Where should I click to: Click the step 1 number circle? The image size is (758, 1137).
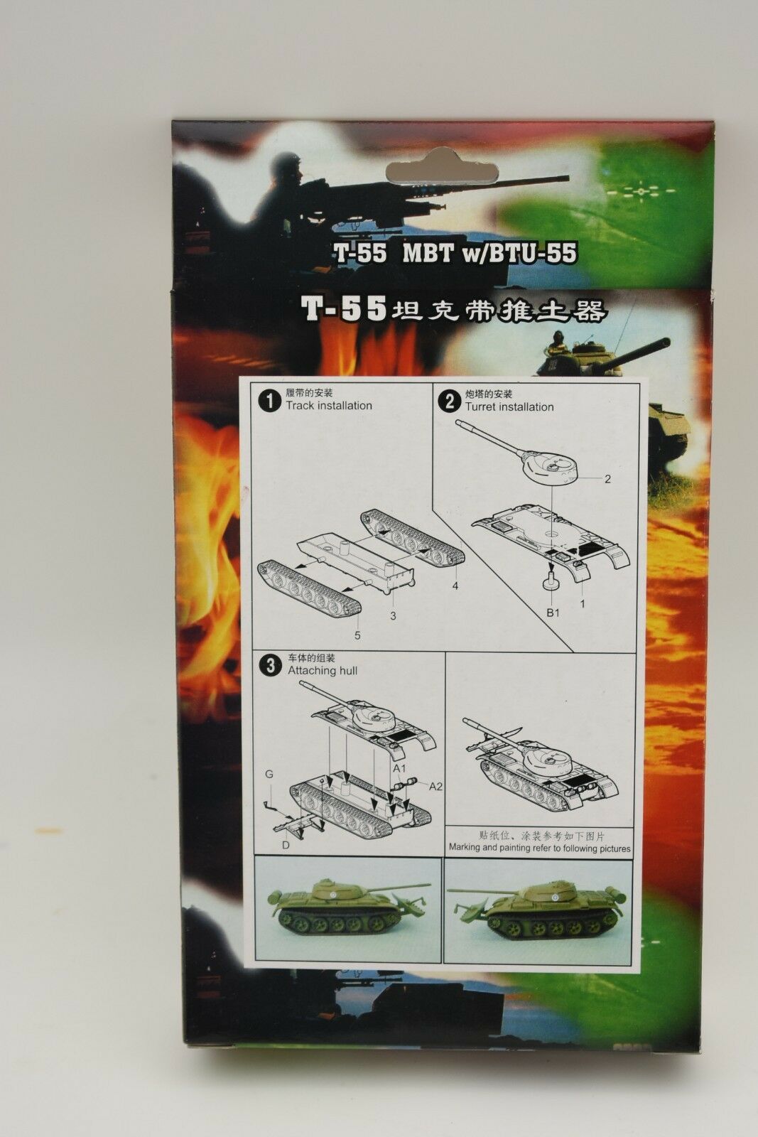coord(269,402)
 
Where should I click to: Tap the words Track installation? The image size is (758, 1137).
coord(329,406)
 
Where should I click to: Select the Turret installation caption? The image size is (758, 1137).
coord(509,407)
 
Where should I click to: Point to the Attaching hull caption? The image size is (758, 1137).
coord(323,671)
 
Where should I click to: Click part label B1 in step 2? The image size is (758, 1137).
coord(553,613)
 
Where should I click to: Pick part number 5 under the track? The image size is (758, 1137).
coord(358,635)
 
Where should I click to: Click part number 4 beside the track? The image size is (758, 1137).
coord(455,586)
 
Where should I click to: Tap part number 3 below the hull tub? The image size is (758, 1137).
coord(393,617)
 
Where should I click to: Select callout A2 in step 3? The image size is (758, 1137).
coord(435,786)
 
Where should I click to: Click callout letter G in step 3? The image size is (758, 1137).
coord(269,775)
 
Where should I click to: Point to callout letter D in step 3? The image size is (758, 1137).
coord(286,846)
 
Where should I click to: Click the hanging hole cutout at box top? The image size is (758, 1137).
coord(441,166)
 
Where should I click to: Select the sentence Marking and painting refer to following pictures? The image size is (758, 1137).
coord(539,848)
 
